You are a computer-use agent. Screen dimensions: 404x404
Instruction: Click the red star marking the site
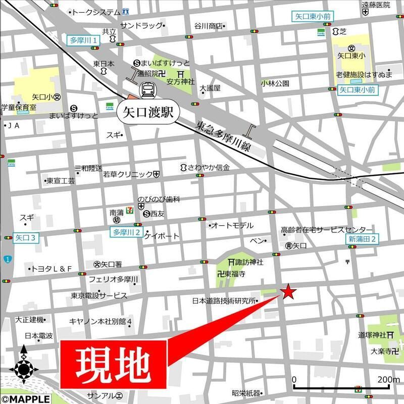click(x=287, y=292)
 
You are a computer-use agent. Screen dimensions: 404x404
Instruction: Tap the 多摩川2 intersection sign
click(x=126, y=232)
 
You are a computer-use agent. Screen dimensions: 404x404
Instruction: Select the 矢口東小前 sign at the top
click(x=313, y=17)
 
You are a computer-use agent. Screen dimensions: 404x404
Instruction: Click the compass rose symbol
click(x=24, y=368)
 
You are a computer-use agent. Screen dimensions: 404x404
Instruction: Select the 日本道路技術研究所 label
click(x=224, y=300)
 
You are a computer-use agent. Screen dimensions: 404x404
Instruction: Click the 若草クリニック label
click(x=128, y=174)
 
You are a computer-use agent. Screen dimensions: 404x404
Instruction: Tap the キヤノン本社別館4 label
click(x=100, y=321)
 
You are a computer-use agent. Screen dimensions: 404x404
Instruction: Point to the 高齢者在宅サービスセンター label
click(x=327, y=229)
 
